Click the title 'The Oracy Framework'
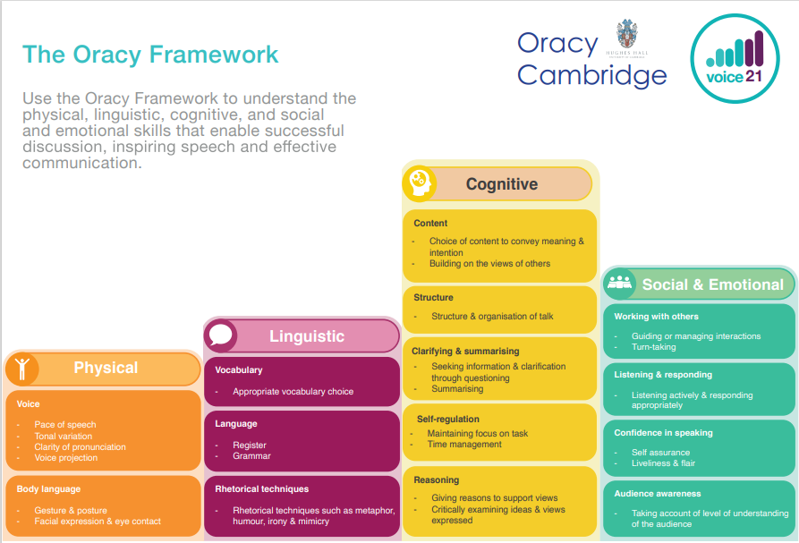[150, 54]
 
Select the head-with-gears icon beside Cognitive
[420, 183]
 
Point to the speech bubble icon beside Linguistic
[221, 335]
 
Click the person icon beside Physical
[22, 368]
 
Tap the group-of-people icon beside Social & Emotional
[619, 284]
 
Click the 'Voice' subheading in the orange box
[29, 404]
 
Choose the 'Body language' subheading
[48, 489]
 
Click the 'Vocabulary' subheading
[239, 370]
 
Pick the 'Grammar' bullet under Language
[251, 456]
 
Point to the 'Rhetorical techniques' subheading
[262, 489]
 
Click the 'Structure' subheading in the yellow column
[433, 297]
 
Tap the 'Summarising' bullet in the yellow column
[457, 389]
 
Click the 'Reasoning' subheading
[437, 480]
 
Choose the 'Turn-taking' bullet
[653, 347]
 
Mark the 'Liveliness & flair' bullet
[663, 463]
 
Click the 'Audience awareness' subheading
[658, 493]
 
